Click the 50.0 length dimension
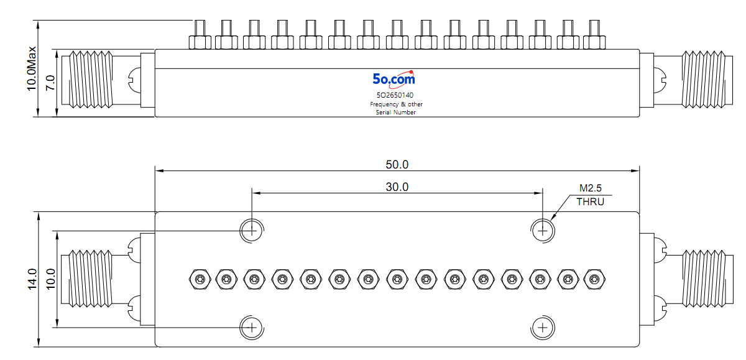click(x=397, y=165)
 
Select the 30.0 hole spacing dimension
click(x=397, y=187)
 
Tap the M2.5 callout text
click(x=591, y=188)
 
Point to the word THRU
click(x=590, y=202)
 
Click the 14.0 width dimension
click(x=32, y=279)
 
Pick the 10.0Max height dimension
click(x=32, y=68)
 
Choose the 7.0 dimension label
click(x=50, y=83)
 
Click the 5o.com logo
click(x=394, y=79)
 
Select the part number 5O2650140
click(x=395, y=95)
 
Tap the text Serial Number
click(x=396, y=113)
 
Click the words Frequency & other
click(x=397, y=104)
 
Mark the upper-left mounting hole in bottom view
click(x=252, y=231)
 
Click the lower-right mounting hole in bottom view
click(x=543, y=328)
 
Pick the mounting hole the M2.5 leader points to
click(x=543, y=231)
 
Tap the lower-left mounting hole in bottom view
click(x=252, y=328)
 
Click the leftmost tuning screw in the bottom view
click(x=200, y=279)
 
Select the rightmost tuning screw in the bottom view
click(x=594, y=279)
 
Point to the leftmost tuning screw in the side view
click(x=200, y=35)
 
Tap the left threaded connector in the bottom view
click(x=86, y=279)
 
